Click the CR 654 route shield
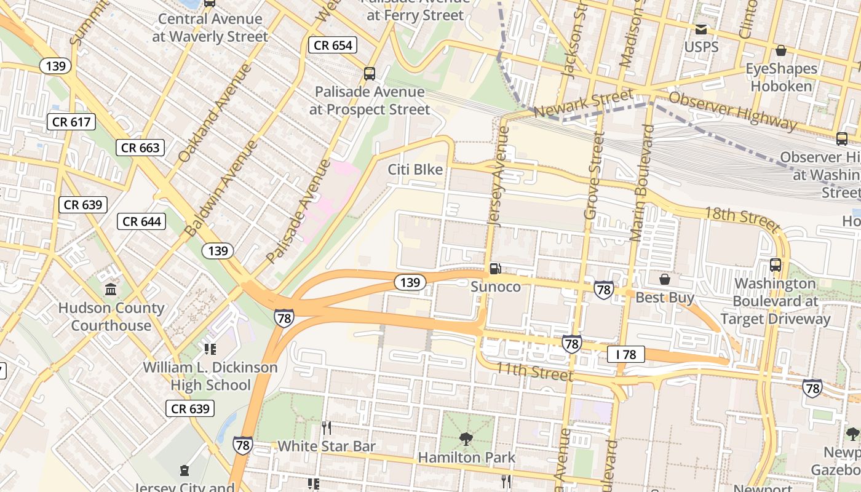[333, 45]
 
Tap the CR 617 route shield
[71, 122]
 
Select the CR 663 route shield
[140, 148]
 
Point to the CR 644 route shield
[141, 221]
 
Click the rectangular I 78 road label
[625, 354]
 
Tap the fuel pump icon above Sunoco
[495, 269]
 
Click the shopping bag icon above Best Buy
[664, 280]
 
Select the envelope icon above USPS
[700, 29]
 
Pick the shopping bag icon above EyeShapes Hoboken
[781, 50]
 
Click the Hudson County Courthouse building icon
[111, 289]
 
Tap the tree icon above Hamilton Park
[466, 439]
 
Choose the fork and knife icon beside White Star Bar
[327, 428]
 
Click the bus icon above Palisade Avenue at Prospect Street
[370, 74]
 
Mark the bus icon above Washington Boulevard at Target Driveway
[776, 265]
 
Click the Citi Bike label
[415, 169]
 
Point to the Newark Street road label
[583, 103]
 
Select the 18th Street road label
[742, 216]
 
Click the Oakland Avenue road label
[215, 112]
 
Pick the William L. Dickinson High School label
[210, 376]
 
